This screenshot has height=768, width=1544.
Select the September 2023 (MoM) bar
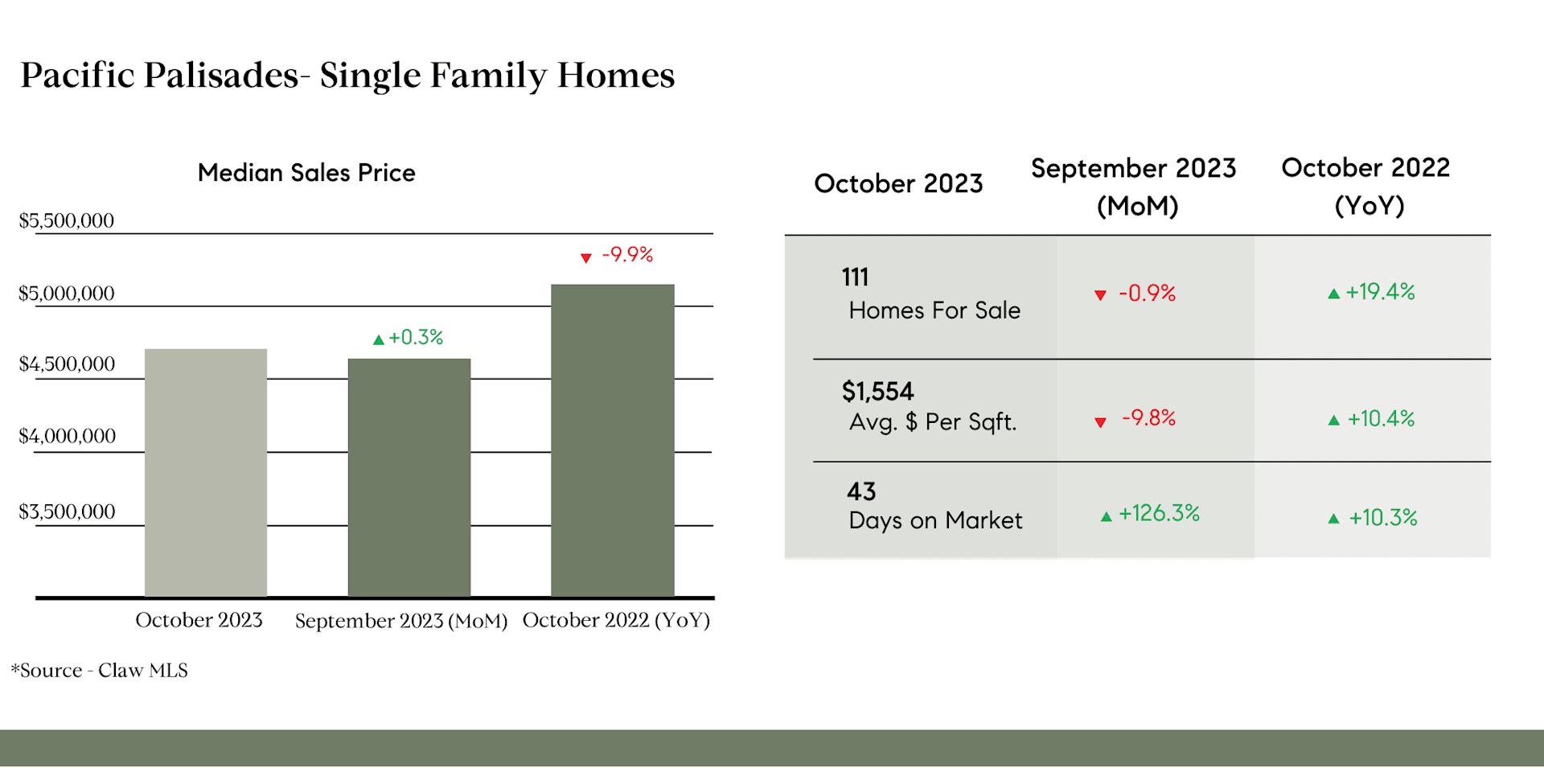tap(409, 478)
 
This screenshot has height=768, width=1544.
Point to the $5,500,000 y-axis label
tap(67, 220)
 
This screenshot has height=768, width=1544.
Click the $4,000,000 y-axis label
tap(68, 436)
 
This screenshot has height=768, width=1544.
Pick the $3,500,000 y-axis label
tap(68, 511)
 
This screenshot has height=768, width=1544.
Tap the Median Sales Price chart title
tap(306, 173)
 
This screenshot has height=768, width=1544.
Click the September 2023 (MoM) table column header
tap(1134, 187)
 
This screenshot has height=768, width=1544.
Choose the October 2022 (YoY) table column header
tap(1366, 187)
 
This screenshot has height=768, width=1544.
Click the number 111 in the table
tap(855, 277)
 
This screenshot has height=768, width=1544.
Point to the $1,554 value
tap(877, 392)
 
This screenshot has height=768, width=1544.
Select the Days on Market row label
tap(935, 521)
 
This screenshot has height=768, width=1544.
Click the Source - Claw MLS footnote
tap(100, 671)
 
